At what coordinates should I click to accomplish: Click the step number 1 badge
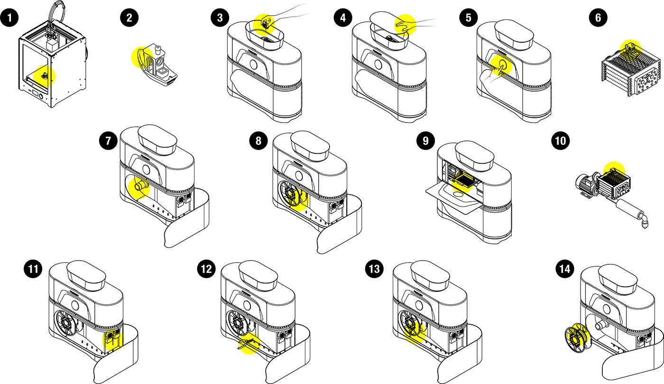(x=9, y=18)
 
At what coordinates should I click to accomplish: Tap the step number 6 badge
(x=598, y=18)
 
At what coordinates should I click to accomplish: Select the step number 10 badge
(x=560, y=140)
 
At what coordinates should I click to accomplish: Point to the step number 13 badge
(x=374, y=269)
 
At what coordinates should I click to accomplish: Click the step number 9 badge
(x=425, y=140)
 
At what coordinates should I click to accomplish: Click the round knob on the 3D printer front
(x=41, y=96)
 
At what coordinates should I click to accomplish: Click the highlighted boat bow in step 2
(x=142, y=58)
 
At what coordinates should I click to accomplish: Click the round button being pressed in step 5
(x=502, y=63)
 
